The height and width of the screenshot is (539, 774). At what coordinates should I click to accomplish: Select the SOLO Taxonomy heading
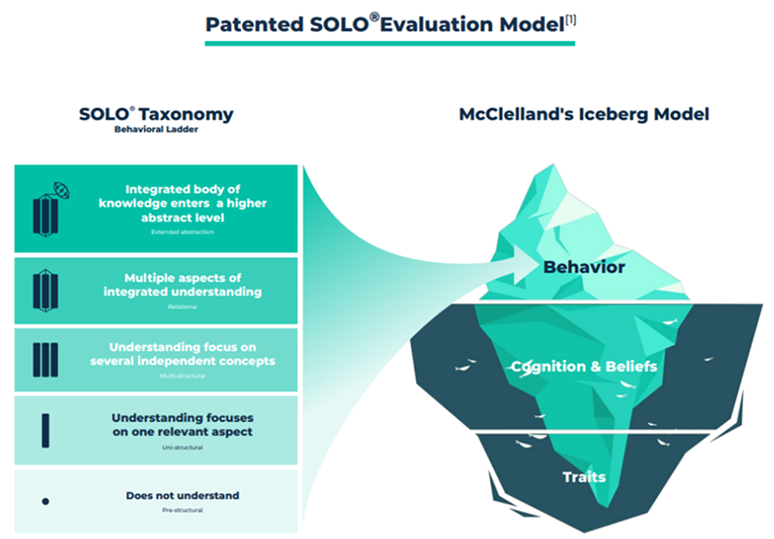point(156,114)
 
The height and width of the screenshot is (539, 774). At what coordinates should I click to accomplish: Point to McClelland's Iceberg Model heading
point(583,114)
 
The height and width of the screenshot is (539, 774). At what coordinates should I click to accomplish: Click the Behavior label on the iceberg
point(583,268)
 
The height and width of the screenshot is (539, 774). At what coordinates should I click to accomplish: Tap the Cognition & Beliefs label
point(583,366)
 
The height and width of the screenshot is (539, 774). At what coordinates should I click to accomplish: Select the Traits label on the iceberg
point(583,477)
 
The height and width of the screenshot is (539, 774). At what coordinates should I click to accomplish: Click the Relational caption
point(182,306)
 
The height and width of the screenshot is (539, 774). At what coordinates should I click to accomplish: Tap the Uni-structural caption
point(182,448)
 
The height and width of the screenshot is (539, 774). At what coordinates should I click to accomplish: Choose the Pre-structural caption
point(182,512)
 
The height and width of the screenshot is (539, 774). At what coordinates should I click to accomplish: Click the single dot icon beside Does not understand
point(45,502)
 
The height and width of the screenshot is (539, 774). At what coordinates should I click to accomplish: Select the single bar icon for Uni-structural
point(45,430)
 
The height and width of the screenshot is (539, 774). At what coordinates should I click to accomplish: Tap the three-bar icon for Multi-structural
point(45,360)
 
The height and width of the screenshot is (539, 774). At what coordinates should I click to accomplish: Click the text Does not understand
point(182,495)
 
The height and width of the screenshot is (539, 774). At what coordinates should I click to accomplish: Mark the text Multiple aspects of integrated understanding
point(182,284)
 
